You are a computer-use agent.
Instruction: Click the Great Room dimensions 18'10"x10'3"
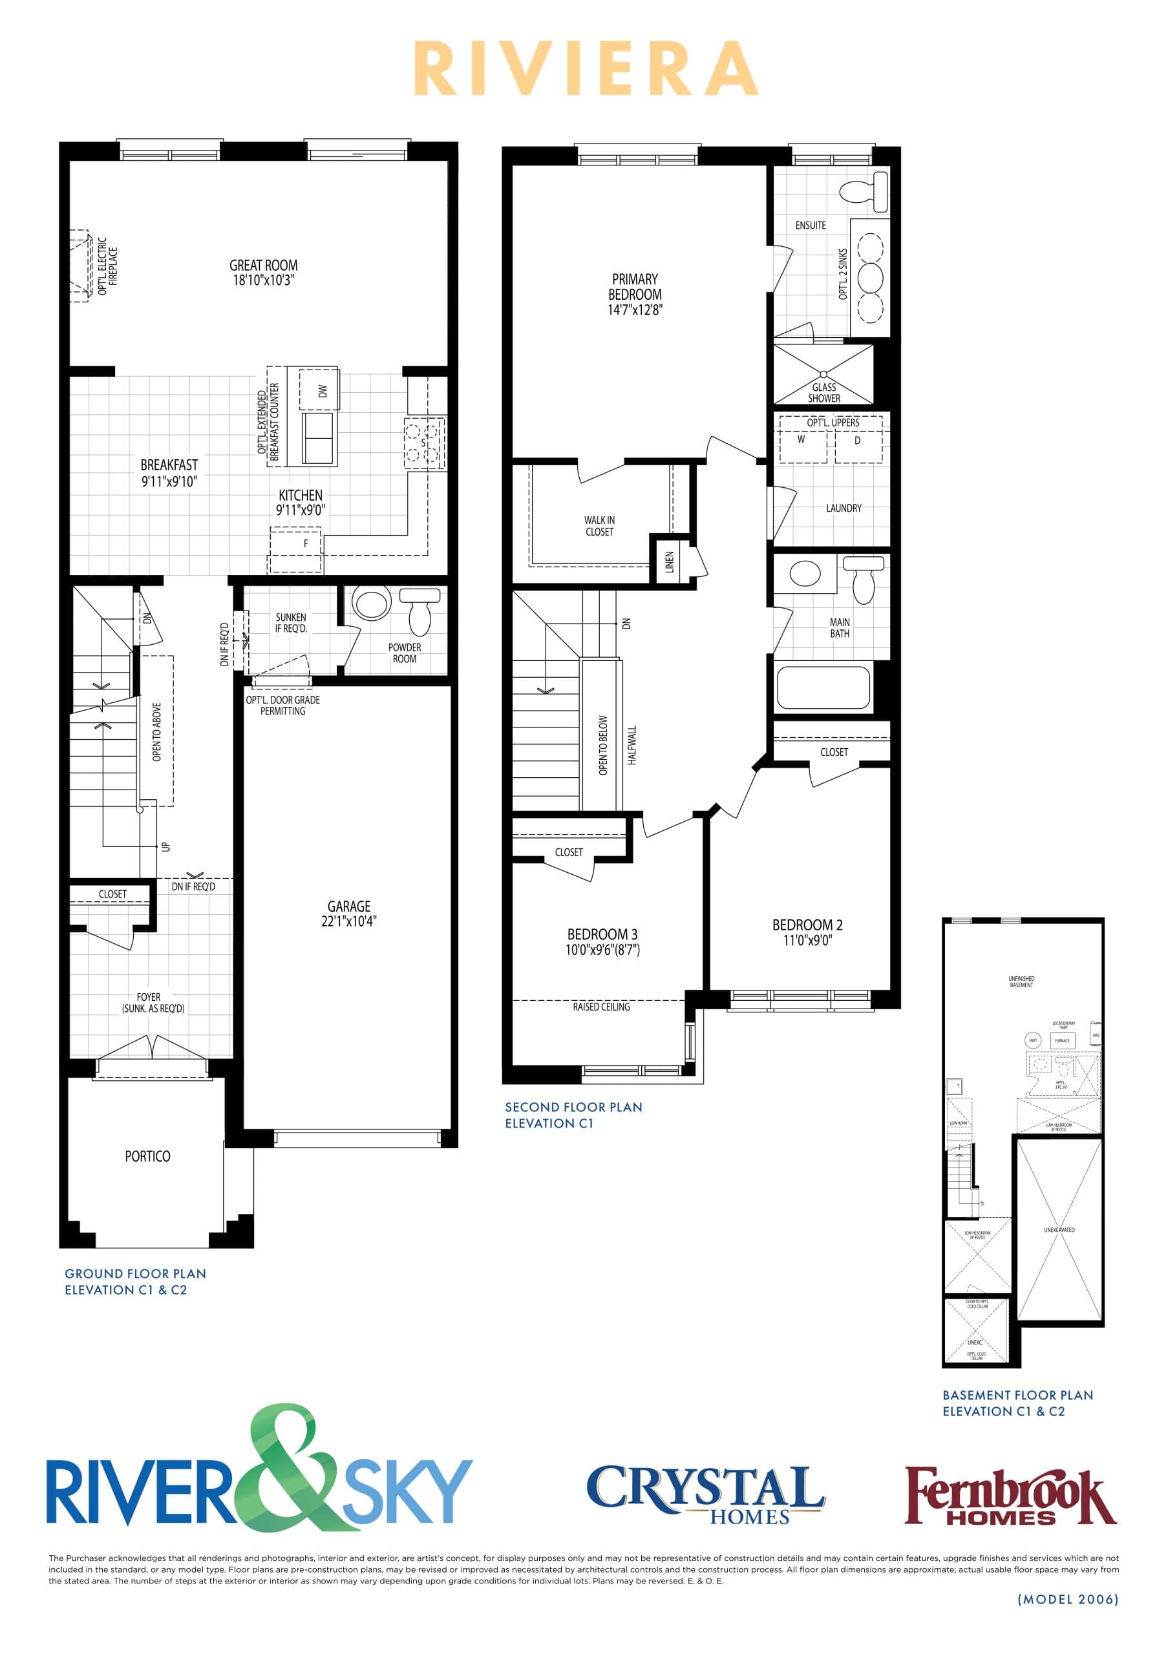(263, 281)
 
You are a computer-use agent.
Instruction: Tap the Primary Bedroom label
(634, 287)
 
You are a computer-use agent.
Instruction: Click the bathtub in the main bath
(823, 688)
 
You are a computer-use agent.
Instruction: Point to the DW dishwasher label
(322, 391)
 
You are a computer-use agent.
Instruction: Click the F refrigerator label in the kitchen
(306, 544)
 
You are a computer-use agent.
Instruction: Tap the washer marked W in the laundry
(802, 440)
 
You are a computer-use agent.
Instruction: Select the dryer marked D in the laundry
(856, 441)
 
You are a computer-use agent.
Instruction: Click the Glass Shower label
(823, 393)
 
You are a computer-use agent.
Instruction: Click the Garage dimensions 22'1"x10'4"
(349, 921)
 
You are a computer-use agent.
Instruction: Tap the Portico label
(148, 1157)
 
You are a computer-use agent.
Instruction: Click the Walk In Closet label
(599, 526)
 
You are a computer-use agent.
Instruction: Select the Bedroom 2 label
(807, 925)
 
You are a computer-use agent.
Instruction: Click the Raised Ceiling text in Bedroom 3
(601, 1007)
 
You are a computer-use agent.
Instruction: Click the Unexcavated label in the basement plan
(1059, 1230)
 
